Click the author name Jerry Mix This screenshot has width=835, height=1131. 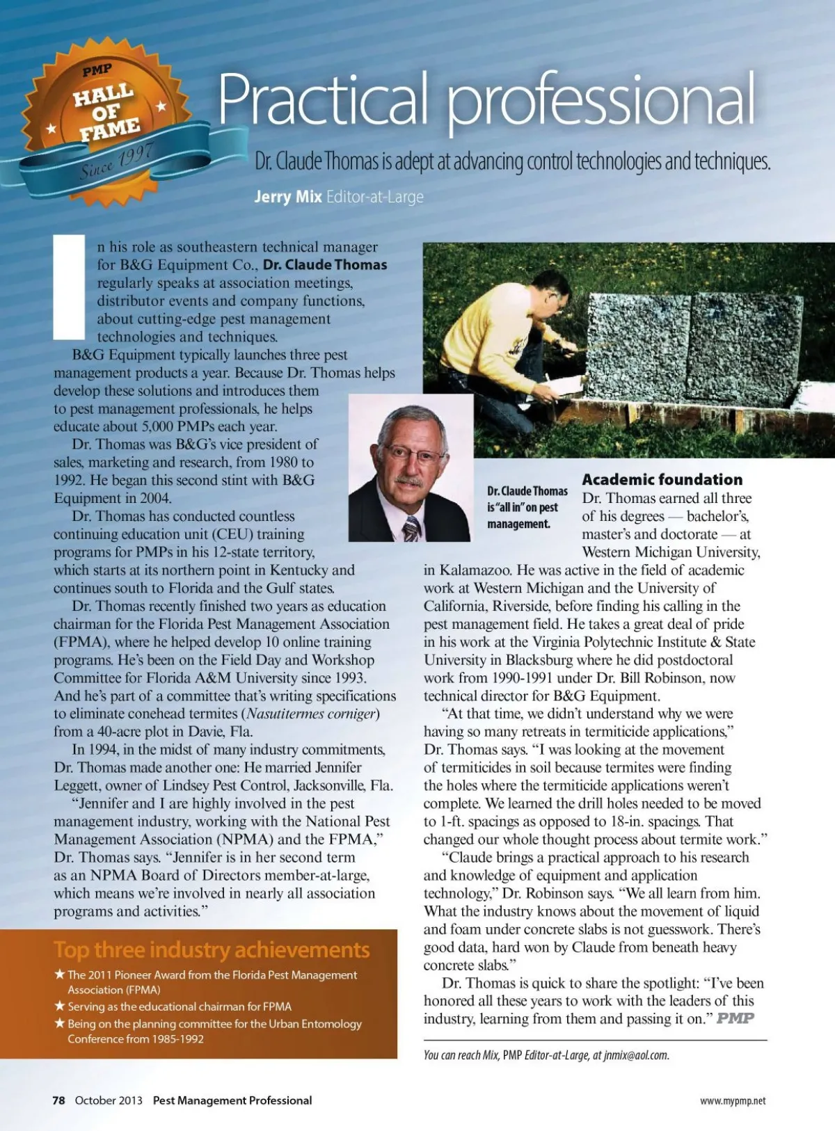click(287, 197)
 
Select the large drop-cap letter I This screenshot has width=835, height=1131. click(69, 287)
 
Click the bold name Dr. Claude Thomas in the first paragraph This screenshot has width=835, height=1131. click(325, 265)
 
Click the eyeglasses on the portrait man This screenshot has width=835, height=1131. click(415, 456)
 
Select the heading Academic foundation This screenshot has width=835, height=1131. click(662, 479)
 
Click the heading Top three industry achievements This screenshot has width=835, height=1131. click(212, 950)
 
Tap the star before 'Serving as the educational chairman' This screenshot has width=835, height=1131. click(60, 1006)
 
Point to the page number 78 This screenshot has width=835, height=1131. click(58, 1100)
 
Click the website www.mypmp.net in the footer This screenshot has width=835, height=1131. click(732, 1101)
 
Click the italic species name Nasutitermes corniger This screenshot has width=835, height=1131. click(312, 714)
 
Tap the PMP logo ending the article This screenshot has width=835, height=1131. click(735, 1018)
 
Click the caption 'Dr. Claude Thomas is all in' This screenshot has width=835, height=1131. click(527, 507)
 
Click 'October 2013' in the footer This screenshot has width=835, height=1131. click(109, 1100)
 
